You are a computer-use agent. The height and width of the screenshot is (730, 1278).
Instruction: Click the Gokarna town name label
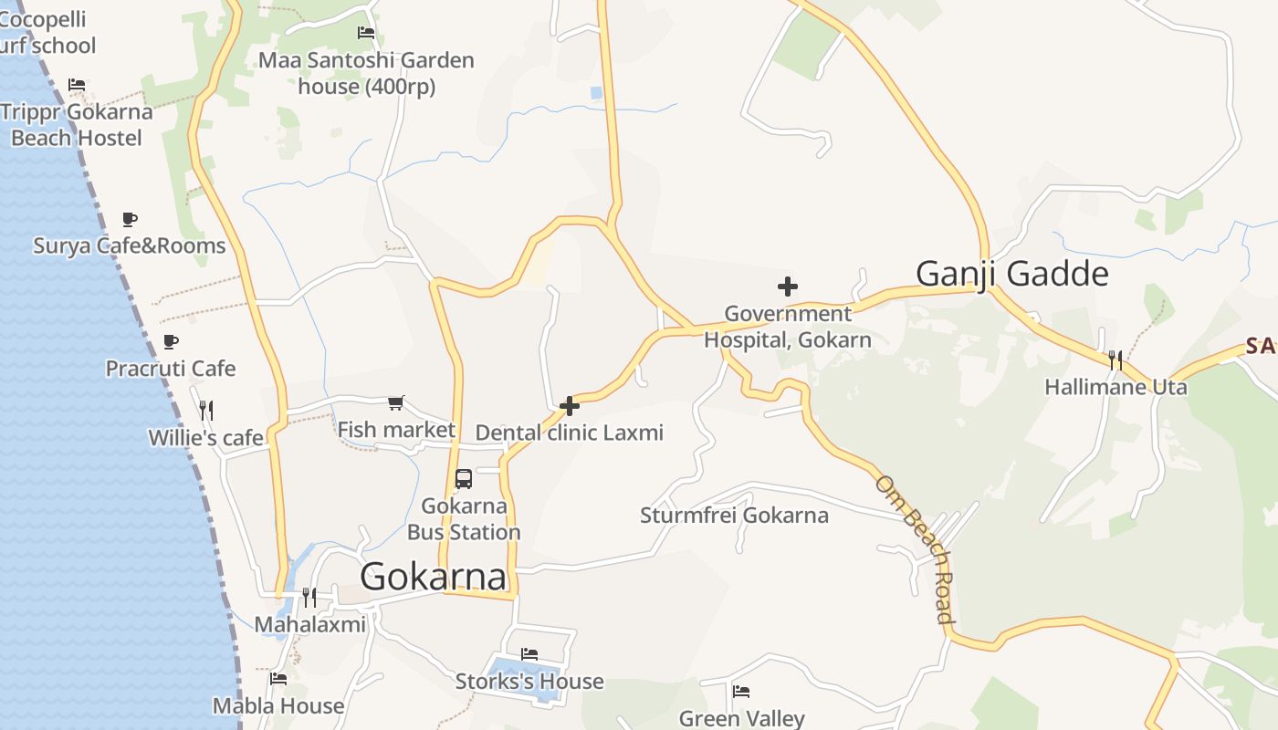click(x=433, y=577)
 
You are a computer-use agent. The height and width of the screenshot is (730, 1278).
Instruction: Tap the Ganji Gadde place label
click(x=1011, y=274)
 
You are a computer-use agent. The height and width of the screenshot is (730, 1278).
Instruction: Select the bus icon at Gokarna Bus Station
click(x=464, y=479)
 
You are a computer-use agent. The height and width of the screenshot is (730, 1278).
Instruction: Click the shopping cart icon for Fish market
click(x=396, y=402)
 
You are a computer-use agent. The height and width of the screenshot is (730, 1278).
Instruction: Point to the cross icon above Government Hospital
click(x=788, y=287)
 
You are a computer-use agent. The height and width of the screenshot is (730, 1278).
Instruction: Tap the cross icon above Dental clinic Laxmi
click(x=570, y=406)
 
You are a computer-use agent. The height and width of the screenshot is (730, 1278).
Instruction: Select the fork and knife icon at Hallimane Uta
click(x=1115, y=360)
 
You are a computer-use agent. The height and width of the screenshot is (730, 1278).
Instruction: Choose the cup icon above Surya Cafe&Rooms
click(x=130, y=220)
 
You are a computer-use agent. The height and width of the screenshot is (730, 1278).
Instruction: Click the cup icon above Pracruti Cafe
click(x=171, y=342)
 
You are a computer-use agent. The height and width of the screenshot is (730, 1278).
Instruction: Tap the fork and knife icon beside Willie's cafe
click(x=206, y=411)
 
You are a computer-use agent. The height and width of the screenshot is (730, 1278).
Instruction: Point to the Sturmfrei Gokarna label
click(x=734, y=516)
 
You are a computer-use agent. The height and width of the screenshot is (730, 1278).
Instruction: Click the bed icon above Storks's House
click(x=529, y=654)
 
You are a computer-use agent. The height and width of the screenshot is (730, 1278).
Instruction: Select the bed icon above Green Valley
click(x=741, y=692)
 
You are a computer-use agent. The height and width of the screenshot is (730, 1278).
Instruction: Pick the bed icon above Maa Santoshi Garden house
click(x=366, y=33)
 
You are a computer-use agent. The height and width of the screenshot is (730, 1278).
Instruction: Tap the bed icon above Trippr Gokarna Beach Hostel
click(x=77, y=85)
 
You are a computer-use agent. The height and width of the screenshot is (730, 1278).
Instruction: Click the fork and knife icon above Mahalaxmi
click(x=309, y=598)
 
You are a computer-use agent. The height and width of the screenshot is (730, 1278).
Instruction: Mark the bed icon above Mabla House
click(x=278, y=679)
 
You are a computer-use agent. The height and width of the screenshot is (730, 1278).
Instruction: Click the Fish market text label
click(x=396, y=430)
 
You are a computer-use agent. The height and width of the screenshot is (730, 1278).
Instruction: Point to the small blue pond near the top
click(x=596, y=92)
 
